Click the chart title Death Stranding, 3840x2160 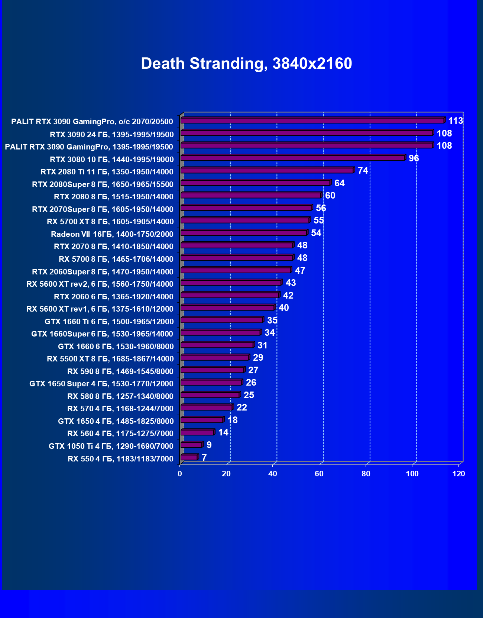[x=246, y=64]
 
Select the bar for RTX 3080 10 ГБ [x=292, y=158]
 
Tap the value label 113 [x=456, y=121]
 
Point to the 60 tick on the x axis [x=319, y=474]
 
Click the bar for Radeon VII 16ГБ [x=244, y=233]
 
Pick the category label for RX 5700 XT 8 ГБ [x=110, y=222]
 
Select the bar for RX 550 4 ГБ [x=189, y=457]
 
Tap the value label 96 [x=414, y=158]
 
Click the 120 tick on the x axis [x=459, y=474]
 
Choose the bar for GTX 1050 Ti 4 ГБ [x=191, y=445]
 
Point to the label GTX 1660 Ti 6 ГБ [x=109, y=322]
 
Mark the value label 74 [x=363, y=171]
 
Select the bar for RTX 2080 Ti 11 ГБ [x=267, y=170]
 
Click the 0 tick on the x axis [x=180, y=474]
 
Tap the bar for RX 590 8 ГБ [x=212, y=370]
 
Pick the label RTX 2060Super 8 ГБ [x=103, y=272]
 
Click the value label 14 [x=223, y=432]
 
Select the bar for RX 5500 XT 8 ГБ [x=214, y=357]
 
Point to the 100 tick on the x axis [x=412, y=474]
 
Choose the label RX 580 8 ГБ [x=120, y=396]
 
